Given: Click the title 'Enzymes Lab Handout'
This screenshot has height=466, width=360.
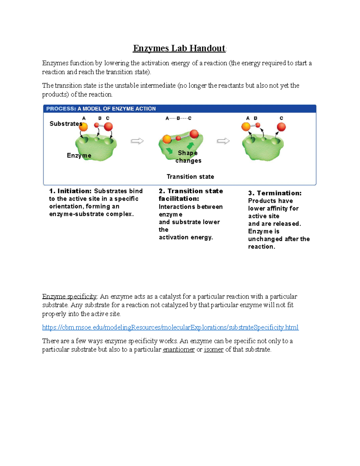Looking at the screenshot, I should click(x=179, y=48).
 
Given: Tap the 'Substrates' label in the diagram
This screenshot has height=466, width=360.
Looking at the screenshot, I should click(x=65, y=124).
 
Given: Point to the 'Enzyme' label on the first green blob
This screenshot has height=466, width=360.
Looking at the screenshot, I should click(x=79, y=155).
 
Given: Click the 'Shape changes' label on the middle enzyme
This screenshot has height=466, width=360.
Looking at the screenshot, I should click(x=188, y=157).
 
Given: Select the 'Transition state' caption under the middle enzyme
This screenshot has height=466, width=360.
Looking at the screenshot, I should click(x=190, y=177).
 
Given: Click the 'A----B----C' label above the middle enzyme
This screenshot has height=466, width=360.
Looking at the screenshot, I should click(x=178, y=118).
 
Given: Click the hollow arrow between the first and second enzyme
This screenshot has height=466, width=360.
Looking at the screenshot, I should click(x=137, y=141).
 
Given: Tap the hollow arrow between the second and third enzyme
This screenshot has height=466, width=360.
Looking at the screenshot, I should click(x=223, y=141).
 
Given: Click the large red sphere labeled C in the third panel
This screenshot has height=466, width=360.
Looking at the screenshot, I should click(x=281, y=127).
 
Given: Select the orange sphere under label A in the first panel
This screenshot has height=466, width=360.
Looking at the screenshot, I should click(x=83, y=127).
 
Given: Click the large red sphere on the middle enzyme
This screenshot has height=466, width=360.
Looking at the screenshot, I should click(x=194, y=134).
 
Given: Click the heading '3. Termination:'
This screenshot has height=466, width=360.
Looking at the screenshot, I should click(x=274, y=193).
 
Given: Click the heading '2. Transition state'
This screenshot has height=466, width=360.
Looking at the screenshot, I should click(x=191, y=191).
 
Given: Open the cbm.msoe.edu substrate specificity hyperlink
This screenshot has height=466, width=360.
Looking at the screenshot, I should click(x=170, y=327).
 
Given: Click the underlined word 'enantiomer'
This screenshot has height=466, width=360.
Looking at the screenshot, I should click(x=178, y=350).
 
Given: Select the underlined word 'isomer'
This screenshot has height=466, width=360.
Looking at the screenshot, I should click(x=214, y=350).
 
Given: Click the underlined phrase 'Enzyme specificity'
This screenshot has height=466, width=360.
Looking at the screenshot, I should click(x=69, y=296).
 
